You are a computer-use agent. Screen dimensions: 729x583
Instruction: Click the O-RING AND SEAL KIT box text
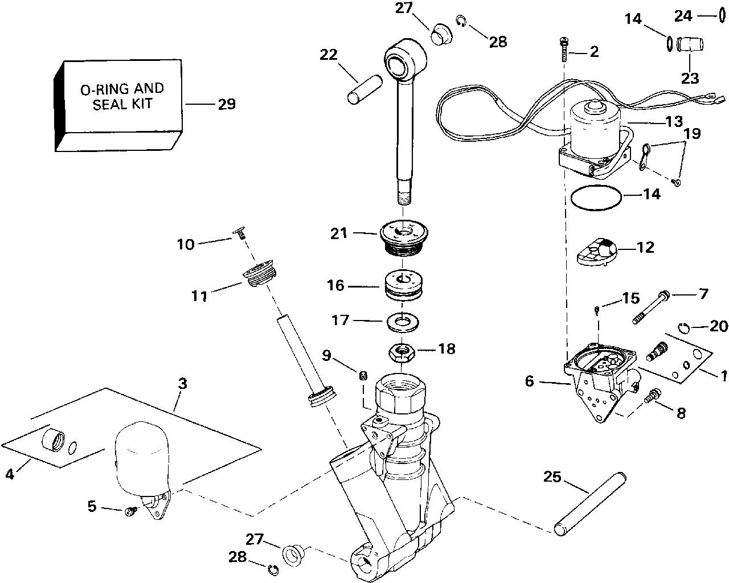122,96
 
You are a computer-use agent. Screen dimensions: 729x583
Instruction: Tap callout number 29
227,104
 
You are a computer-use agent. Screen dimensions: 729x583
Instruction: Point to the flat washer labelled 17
403,322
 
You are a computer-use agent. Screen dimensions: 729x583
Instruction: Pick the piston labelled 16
403,285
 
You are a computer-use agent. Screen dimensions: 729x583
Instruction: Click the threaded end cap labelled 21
404,241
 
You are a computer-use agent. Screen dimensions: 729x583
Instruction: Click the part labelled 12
597,252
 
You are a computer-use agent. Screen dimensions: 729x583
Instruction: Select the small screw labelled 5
132,511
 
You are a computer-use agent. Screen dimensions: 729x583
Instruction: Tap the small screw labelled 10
239,233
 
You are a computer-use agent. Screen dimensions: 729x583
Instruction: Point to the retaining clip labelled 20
684,329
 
